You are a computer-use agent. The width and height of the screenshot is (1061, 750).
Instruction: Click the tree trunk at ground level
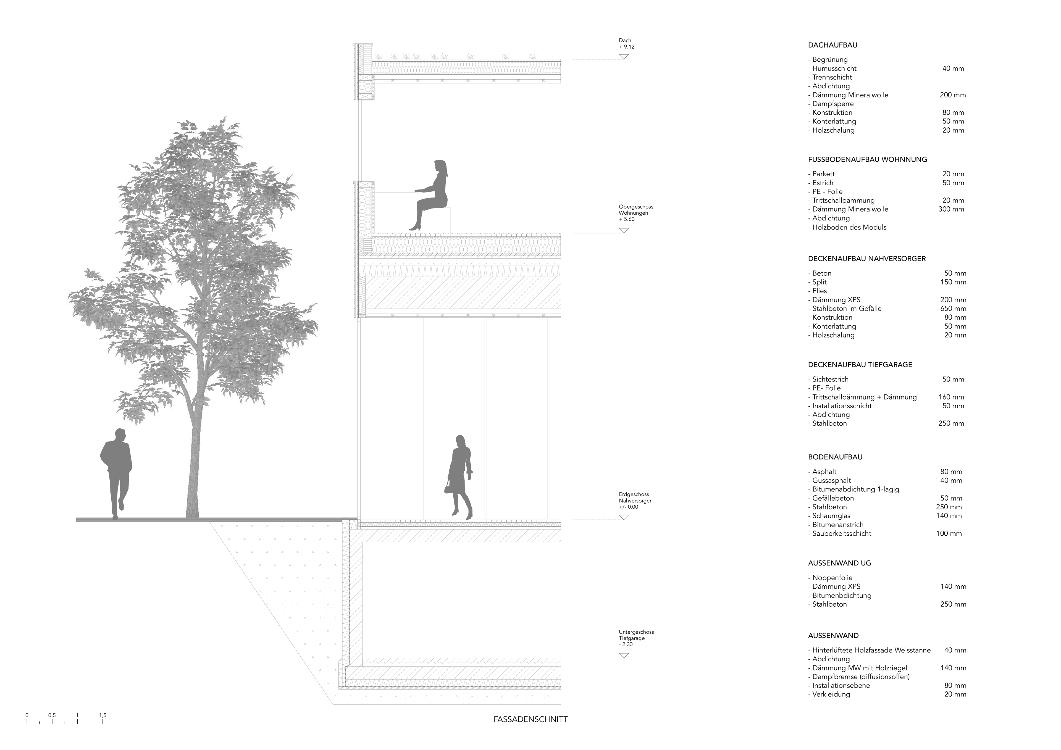point(193,508)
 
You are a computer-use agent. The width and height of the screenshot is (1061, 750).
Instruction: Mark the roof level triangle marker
point(624,56)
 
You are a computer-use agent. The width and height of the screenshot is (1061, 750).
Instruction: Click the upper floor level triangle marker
point(624,230)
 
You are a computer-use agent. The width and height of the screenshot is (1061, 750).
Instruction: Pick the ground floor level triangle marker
point(624,517)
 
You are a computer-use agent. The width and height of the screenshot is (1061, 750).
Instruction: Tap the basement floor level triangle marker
point(624,655)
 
